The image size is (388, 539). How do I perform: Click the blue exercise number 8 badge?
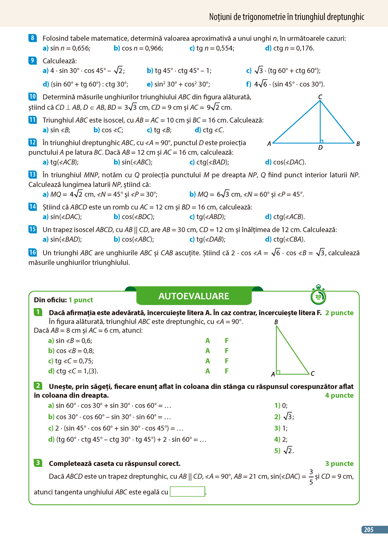[33, 38]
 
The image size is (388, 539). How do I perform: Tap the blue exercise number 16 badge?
[33, 252]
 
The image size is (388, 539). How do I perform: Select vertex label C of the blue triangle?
[320, 97]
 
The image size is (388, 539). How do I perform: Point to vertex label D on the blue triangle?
[321, 148]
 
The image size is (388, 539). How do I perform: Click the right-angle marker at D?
[322, 142]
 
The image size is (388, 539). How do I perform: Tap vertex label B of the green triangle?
[276, 322]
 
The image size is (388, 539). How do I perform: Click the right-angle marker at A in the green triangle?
[278, 372]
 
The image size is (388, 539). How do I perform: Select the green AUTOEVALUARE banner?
[194, 296]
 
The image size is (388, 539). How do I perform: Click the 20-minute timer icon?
[318, 296]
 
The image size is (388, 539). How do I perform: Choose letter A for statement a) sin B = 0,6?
[208, 341]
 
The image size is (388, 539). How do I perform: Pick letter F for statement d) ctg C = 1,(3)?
[227, 371]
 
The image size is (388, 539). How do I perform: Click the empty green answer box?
[188, 492]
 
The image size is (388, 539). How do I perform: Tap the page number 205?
[369, 530]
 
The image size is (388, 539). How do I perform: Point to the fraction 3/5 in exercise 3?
[311, 477]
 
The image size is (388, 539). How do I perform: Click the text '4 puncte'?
[339, 396]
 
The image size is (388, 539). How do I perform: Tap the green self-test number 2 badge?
[38, 386]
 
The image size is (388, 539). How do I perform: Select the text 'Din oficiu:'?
[50, 300]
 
